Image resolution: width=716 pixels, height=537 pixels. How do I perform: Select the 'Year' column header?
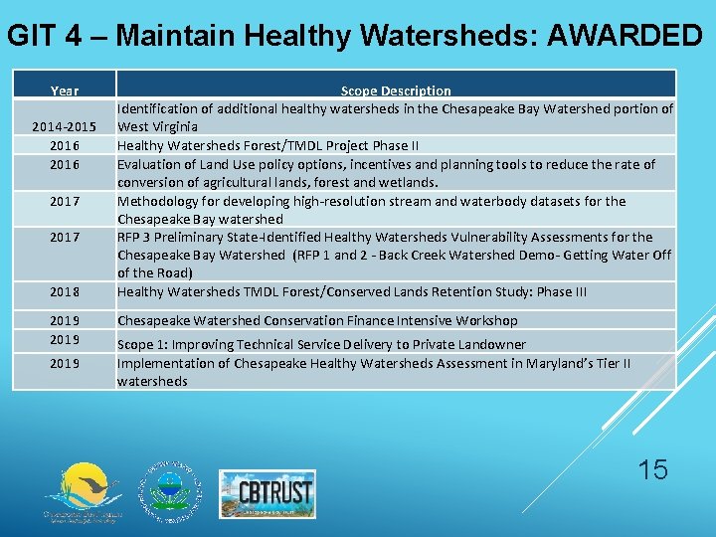pos(65,90)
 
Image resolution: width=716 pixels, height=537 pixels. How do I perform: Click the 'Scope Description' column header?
pos(396,90)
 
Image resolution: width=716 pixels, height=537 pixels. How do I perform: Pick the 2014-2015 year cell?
pos(65,127)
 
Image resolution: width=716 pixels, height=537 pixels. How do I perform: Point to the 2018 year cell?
pos(65,292)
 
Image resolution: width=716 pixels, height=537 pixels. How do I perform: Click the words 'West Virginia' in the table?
pos(157,127)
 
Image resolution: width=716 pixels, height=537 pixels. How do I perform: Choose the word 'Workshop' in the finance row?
pos(486,320)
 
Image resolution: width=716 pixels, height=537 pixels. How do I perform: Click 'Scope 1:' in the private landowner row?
pos(143,344)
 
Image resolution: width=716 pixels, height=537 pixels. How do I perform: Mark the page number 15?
pos(653,469)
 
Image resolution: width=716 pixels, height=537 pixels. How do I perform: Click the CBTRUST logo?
pos(267,493)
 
